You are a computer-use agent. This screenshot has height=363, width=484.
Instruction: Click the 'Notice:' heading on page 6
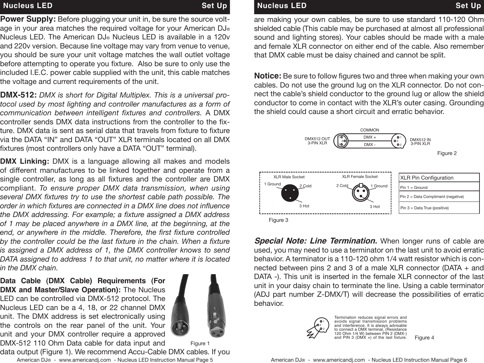(x=268, y=76)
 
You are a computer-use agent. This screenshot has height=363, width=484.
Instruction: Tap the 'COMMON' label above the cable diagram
(x=369, y=130)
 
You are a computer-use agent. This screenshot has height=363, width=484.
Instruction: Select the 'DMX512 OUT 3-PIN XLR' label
(x=317, y=141)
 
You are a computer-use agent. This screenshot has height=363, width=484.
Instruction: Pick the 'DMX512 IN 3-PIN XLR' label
(x=420, y=141)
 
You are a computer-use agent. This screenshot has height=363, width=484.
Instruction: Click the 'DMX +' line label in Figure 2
(x=369, y=137)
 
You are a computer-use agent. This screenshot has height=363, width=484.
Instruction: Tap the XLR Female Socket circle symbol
(x=361, y=193)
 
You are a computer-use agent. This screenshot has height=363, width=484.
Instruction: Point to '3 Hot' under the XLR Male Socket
(x=304, y=206)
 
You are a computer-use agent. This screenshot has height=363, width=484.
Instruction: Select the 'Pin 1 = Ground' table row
(x=414, y=188)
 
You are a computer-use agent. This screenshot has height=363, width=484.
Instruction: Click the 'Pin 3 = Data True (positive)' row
(x=424, y=208)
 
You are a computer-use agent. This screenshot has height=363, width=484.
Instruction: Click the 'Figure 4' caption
(x=424, y=338)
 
